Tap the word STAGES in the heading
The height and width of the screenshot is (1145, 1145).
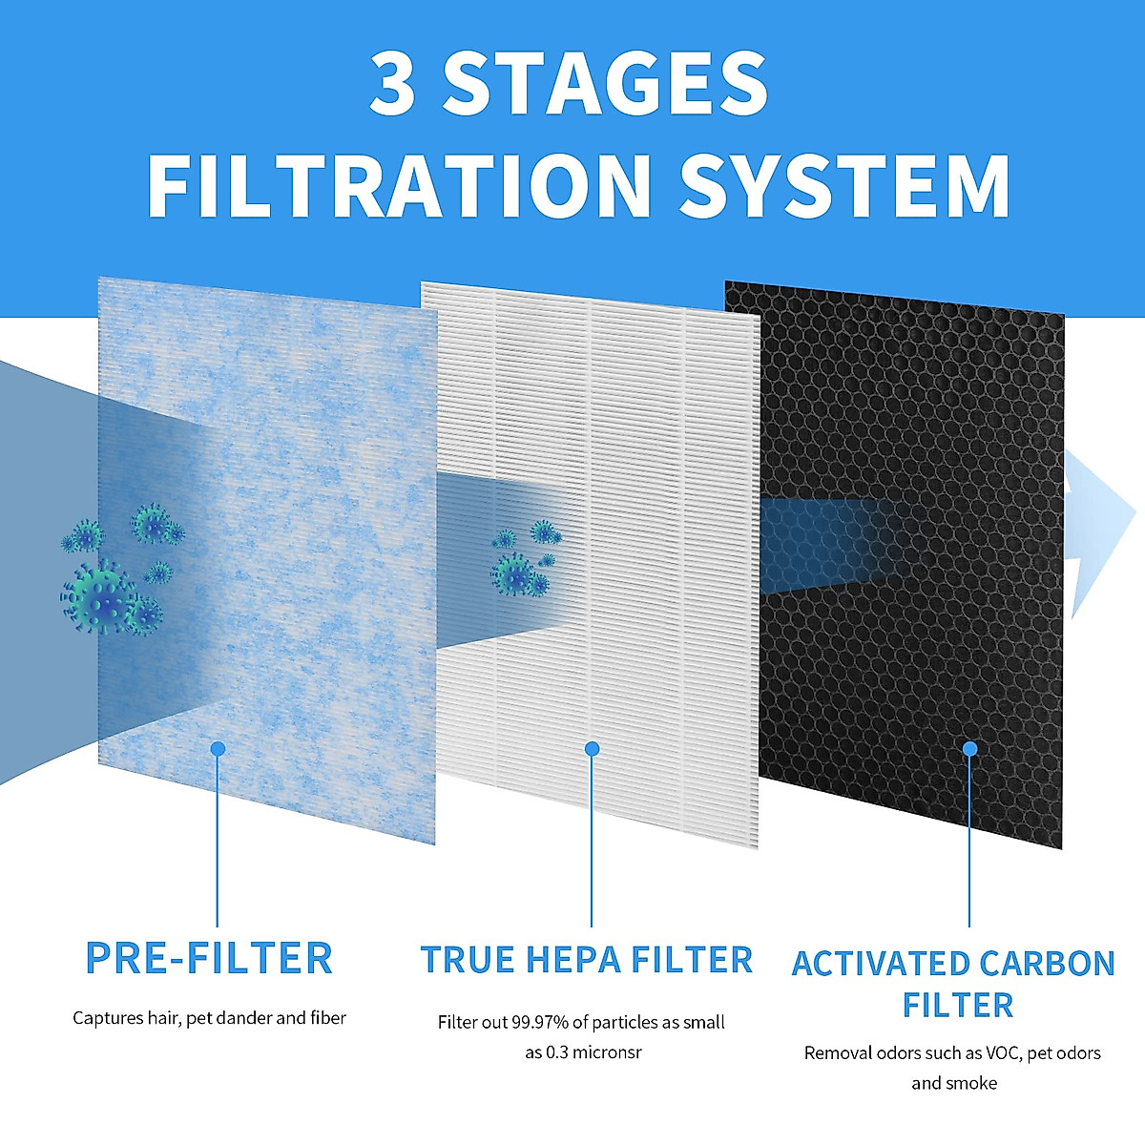pyautogui.click(x=605, y=84)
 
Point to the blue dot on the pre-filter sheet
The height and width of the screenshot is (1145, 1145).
pyautogui.click(x=218, y=749)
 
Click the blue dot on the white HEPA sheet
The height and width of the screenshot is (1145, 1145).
pyautogui.click(x=592, y=749)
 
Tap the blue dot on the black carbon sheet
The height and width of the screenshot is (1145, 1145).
pyautogui.click(x=969, y=749)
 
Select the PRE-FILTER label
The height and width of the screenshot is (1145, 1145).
pyautogui.click(x=209, y=958)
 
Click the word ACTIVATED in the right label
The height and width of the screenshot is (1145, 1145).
pyautogui.click(x=877, y=964)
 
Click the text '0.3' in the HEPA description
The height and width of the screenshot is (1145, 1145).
pyautogui.click(x=557, y=1052)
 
